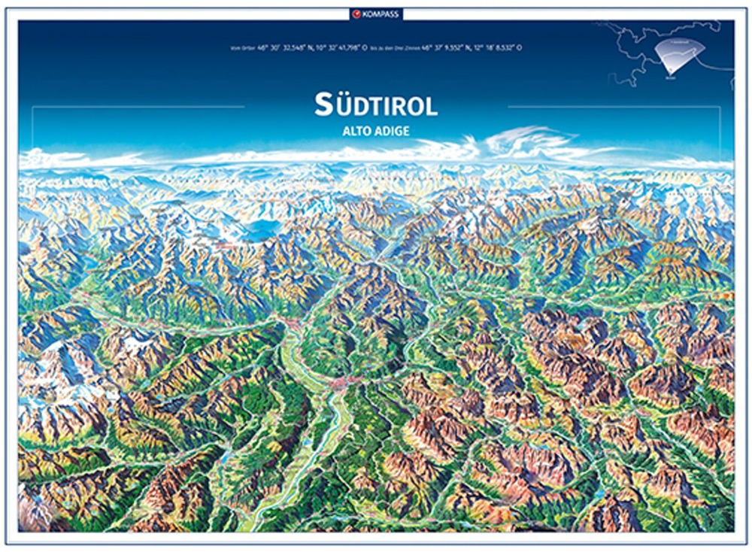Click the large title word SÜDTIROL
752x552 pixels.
(376, 105)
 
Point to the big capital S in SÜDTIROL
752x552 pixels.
(323, 105)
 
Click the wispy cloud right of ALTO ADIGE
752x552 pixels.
(526, 139)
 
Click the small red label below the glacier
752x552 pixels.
(223, 245)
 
